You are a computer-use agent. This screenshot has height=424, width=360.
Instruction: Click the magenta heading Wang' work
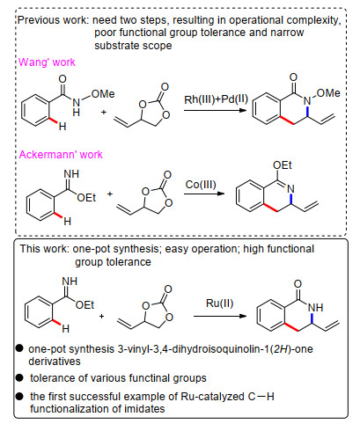[x=47, y=62]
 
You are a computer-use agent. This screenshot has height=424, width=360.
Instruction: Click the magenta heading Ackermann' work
[x=61, y=155]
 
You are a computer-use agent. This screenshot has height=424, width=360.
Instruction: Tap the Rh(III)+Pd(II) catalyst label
[x=216, y=99]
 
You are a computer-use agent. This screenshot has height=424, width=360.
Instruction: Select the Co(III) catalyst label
[x=201, y=185]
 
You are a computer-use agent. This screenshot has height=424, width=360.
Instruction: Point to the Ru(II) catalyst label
[x=219, y=303]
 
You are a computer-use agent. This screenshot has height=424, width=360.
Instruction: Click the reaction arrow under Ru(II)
[x=220, y=316]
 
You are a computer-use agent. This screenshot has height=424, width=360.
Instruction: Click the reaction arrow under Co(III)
[x=204, y=194]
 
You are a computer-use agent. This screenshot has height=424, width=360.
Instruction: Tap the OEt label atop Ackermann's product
[x=282, y=165]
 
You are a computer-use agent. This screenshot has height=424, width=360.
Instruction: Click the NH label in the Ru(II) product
[x=316, y=307]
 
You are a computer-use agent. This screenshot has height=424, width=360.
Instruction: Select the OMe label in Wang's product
[x=328, y=93]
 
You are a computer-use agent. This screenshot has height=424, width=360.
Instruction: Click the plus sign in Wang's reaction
[x=104, y=112]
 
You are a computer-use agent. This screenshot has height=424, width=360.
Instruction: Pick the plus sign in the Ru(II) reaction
[x=101, y=316]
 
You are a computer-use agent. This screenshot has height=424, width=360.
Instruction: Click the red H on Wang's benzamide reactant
[x=62, y=127]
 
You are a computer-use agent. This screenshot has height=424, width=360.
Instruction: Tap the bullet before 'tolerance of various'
[x=19, y=377]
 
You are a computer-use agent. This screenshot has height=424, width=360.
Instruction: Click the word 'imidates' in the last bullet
[x=143, y=408]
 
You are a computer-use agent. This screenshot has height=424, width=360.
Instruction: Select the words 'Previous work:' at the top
[x=54, y=20]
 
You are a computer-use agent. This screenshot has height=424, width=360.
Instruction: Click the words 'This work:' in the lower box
[x=45, y=249]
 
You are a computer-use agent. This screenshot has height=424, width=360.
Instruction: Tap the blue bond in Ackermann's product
[x=290, y=199]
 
